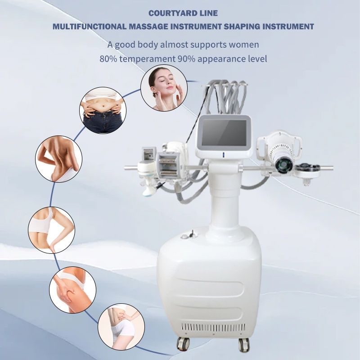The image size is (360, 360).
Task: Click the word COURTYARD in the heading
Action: point(167,13)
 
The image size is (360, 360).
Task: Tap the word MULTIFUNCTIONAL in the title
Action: point(89,27)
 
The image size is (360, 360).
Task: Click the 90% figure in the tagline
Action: point(186,59)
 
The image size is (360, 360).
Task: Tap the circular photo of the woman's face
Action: point(164,88)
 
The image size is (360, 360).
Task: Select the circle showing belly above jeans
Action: point(103,110)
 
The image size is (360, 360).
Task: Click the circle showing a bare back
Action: point(59,159)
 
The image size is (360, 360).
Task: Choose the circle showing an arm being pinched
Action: point(52,230)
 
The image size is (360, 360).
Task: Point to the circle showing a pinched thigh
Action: point(72,290)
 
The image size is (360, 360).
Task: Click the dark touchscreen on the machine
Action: point(224,131)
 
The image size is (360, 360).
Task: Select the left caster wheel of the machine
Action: point(183,344)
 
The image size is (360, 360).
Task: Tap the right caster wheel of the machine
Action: point(244,344)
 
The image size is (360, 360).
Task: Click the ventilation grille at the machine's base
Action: point(213,327)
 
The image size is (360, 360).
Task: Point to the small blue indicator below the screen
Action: point(223,155)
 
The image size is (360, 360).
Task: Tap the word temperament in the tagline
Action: point(148,59)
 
